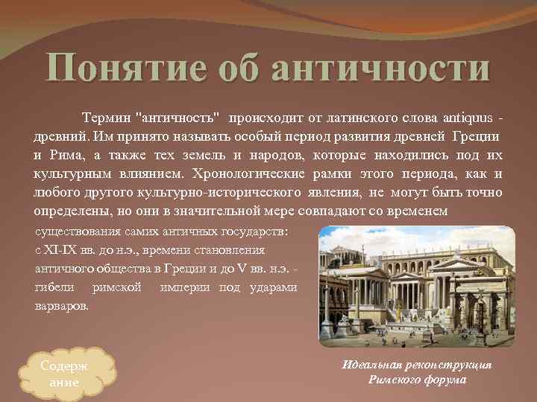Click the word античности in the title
click(380, 68)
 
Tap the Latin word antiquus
click(468, 118)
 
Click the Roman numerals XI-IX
click(60, 250)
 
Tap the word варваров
click(62, 305)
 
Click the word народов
click(292, 156)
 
